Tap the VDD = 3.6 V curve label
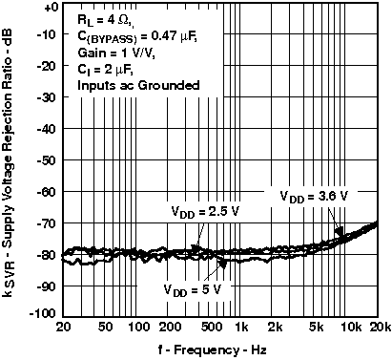(314, 196)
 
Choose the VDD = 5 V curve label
(192, 288)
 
